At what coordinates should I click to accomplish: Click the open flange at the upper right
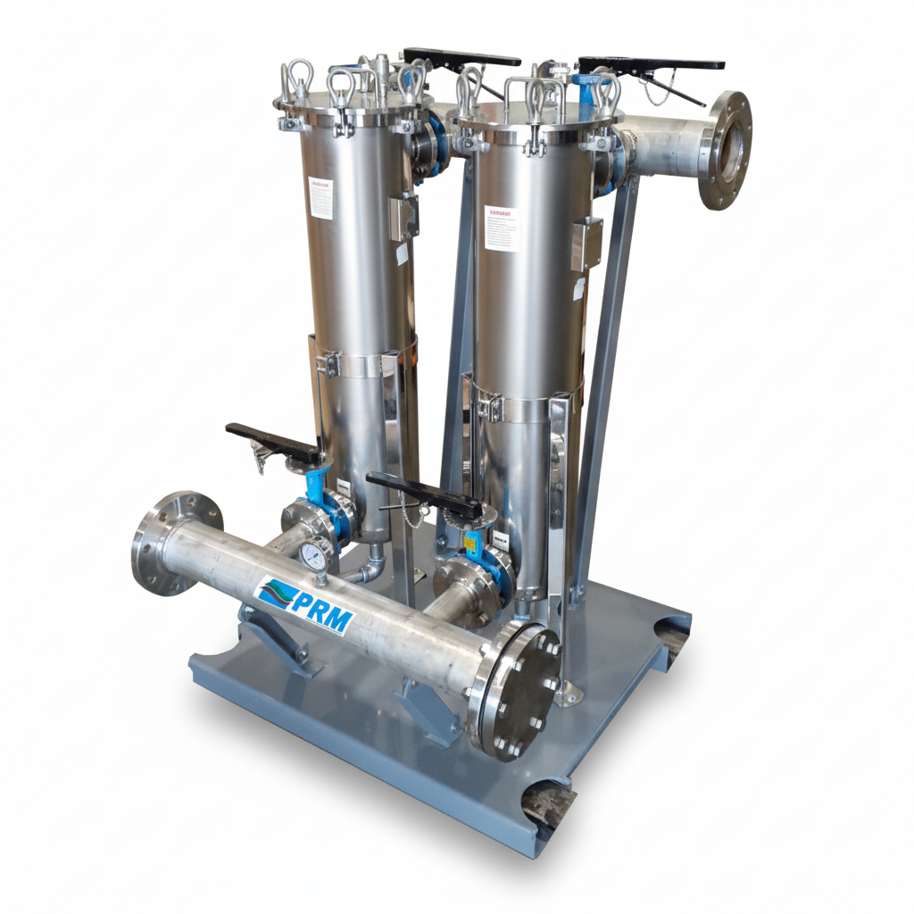tap(724, 150)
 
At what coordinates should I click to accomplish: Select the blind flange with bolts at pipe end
tap(521, 690)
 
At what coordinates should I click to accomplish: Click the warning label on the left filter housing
tap(320, 197)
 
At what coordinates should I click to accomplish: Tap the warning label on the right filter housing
tap(501, 228)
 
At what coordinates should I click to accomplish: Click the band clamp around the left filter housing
tap(361, 362)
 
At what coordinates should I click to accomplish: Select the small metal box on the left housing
tap(404, 215)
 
